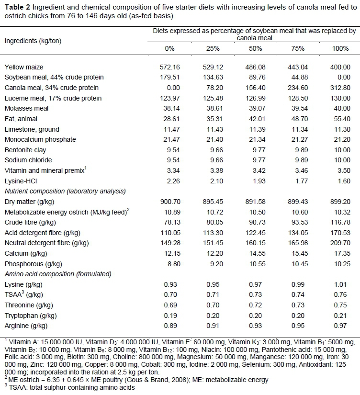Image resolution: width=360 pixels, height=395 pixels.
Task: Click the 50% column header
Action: click(x=256, y=49)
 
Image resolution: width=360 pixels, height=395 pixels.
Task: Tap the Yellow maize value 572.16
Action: click(x=169, y=67)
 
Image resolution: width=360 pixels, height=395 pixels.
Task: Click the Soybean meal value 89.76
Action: click(x=256, y=77)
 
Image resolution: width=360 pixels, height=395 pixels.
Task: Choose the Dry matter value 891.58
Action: click(x=256, y=202)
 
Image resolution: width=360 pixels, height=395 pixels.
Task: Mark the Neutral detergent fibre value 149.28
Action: click(x=169, y=243)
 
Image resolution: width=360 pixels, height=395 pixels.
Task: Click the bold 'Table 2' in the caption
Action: click(x=17, y=6)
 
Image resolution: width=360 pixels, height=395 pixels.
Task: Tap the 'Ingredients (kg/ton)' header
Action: click(x=33, y=41)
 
